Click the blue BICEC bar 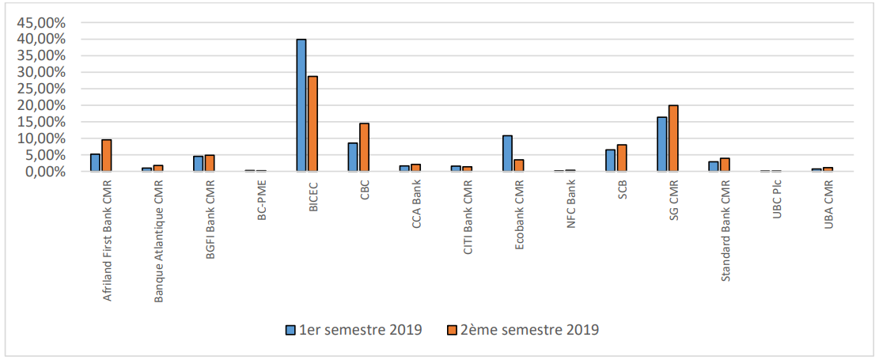pyautogui.click(x=301, y=105)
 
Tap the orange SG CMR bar pyautogui.click(x=673, y=138)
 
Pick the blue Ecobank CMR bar pyautogui.click(x=507, y=153)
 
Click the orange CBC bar pyautogui.click(x=364, y=147)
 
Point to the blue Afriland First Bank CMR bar pyautogui.click(x=95, y=163)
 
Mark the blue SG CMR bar pyautogui.click(x=662, y=144)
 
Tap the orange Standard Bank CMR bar pyautogui.click(x=725, y=165)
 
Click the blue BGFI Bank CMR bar pyautogui.click(x=198, y=164)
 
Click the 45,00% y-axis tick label pyautogui.click(x=42, y=23)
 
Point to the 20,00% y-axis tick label pyautogui.click(x=42, y=105)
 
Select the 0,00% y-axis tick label pyautogui.click(x=46, y=172)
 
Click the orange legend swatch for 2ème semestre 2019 pyautogui.click(x=453, y=329)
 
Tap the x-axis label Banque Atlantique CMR pyautogui.click(x=159, y=241)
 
